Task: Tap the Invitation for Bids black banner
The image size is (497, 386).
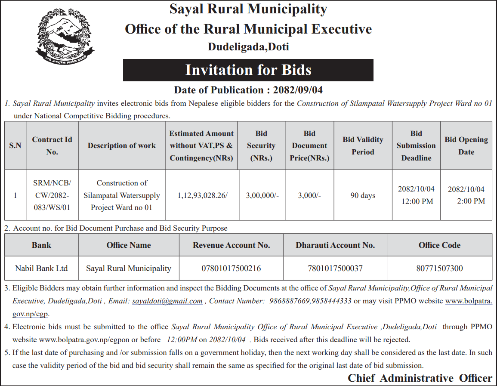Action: point(248,70)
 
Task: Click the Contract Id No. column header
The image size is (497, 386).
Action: point(52,145)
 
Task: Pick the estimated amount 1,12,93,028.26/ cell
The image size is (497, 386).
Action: point(202,195)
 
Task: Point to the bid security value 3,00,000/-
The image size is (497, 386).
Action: point(262,195)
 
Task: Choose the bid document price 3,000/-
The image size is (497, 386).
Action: point(309,195)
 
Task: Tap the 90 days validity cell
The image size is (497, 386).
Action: point(363,195)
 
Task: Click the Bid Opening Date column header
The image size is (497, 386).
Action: point(466,145)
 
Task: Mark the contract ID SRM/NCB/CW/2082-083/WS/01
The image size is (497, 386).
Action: point(52,195)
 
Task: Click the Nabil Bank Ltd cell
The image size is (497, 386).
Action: point(41,269)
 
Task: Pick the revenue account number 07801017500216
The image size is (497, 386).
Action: point(231,269)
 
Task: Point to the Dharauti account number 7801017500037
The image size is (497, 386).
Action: point(335,269)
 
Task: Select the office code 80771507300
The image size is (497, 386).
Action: point(439,269)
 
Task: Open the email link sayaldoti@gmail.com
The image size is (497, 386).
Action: point(167,301)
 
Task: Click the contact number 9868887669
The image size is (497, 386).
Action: point(289,301)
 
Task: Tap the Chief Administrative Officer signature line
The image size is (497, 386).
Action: point(420,378)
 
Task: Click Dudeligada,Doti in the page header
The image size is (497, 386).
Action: point(248,46)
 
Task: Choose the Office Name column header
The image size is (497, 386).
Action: point(129,245)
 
